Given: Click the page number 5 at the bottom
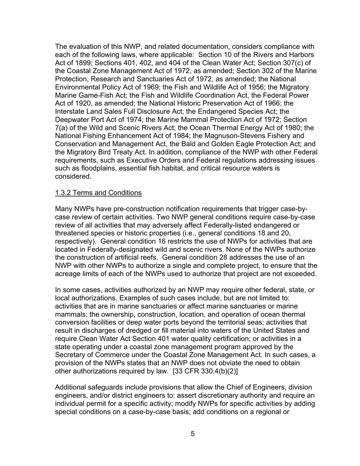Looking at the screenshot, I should pyautogui.click(x=193, y=434).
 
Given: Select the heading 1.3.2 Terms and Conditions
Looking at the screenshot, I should pyautogui.click(x=98, y=193).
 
